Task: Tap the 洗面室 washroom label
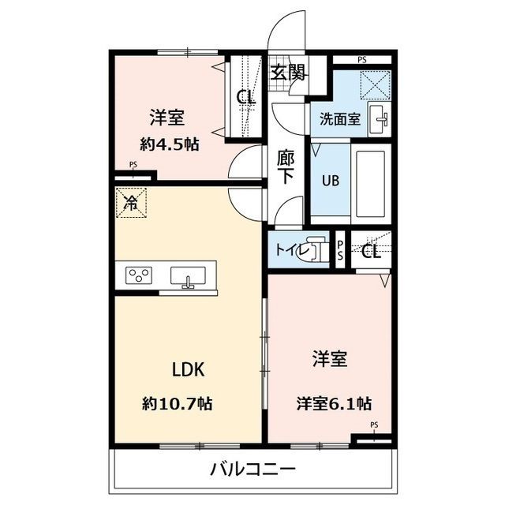coord(340,120)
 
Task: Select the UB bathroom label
coord(329,178)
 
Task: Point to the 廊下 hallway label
coord(286,166)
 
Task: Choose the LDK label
coord(189,369)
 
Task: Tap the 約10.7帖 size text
coord(178,403)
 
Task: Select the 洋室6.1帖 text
coord(334,403)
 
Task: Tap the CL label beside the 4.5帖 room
coord(246,98)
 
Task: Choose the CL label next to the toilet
coord(372,252)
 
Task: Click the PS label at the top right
coord(361,60)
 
